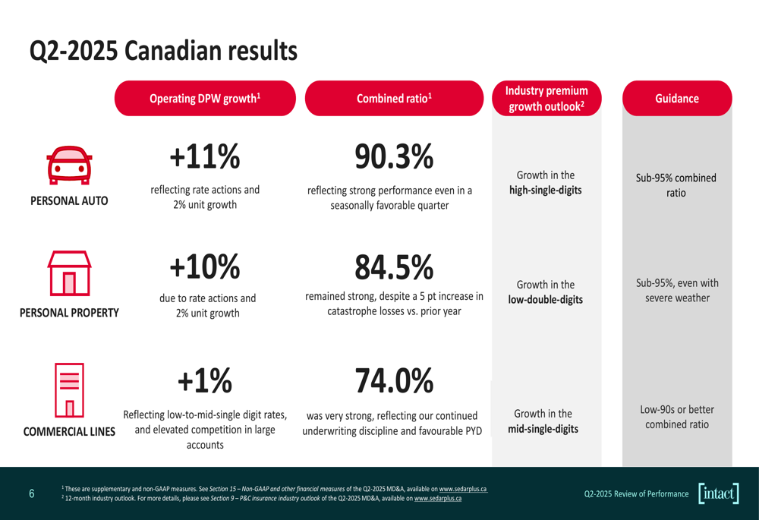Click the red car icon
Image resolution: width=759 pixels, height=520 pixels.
click(69, 166)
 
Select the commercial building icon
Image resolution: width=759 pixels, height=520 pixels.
click(69, 389)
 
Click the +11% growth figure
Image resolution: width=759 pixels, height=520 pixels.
click(205, 157)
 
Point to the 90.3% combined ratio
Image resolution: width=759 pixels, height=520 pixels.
click(394, 157)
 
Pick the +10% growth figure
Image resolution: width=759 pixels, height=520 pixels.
click(205, 266)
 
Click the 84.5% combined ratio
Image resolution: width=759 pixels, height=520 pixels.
click(394, 266)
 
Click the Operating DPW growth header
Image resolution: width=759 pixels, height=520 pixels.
click(205, 98)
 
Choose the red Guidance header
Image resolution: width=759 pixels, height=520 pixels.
click(677, 98)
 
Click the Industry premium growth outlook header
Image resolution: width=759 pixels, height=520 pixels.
click(546, 99)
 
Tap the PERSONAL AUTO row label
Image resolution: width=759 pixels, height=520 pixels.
click(69, 201)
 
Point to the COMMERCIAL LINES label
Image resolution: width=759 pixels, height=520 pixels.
click(69, 432)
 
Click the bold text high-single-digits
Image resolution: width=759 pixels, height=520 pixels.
click(546, 190)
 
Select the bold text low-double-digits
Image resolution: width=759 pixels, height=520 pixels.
click(546, 300)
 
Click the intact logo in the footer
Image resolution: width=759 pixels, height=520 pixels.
click(719, 493)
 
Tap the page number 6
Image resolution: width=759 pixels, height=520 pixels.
click(31, 493)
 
